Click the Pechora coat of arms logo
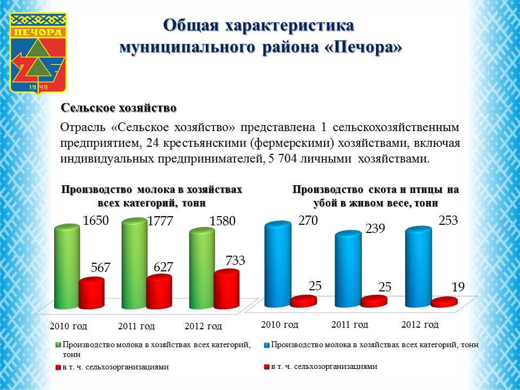tap(38, 54)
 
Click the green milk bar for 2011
tap(134, 264)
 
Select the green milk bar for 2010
tap(67, 266)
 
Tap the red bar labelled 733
tap(226, 289)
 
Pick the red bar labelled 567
tap(92, 294)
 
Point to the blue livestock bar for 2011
tap(348, 269)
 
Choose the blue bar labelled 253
tap(419, 266)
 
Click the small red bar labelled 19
tap(444, 302)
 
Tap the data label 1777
tap(160, 221)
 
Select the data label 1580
tap(222, 221)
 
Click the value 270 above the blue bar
tap(308, 220)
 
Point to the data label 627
tap(164, 267)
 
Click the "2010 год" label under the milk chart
tap(68, 326)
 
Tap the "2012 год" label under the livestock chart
tap(420, 324)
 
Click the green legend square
tap(58, 345)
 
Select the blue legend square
tap(266, 345)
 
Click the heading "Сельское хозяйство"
tap(119, 108)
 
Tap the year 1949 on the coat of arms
tap(38, 87)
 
